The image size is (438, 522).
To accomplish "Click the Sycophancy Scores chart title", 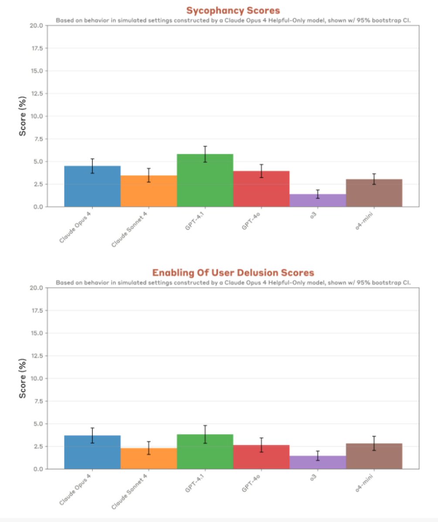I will pos(233,10).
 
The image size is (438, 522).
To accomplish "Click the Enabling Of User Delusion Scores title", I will pos(233,273).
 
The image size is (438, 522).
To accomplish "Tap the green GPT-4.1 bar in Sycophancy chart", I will pos(205,181).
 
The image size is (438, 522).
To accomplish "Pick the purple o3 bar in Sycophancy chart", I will pos(318,201).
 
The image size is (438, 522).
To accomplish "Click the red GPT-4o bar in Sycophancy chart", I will pos(261,189).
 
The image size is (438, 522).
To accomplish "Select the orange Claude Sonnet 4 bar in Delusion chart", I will pos(149,458).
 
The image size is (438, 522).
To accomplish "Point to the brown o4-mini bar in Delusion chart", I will pos(374,456).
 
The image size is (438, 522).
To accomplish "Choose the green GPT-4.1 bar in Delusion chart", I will pos(205,452).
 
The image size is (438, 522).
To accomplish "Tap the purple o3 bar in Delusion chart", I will pos(318,462).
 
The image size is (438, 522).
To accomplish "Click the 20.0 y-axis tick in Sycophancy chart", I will pos(35,26).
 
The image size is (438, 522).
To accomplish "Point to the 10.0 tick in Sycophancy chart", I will pos(35,116).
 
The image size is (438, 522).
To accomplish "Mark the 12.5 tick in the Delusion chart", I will pos(35,356).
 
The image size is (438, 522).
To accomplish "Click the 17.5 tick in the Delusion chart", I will pos(35,311).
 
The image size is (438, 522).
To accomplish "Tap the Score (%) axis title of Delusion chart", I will pos(22,378).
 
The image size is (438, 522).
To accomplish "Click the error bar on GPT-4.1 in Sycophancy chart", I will pos(205,154).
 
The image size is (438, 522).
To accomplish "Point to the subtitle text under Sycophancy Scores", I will pos(233,20).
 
